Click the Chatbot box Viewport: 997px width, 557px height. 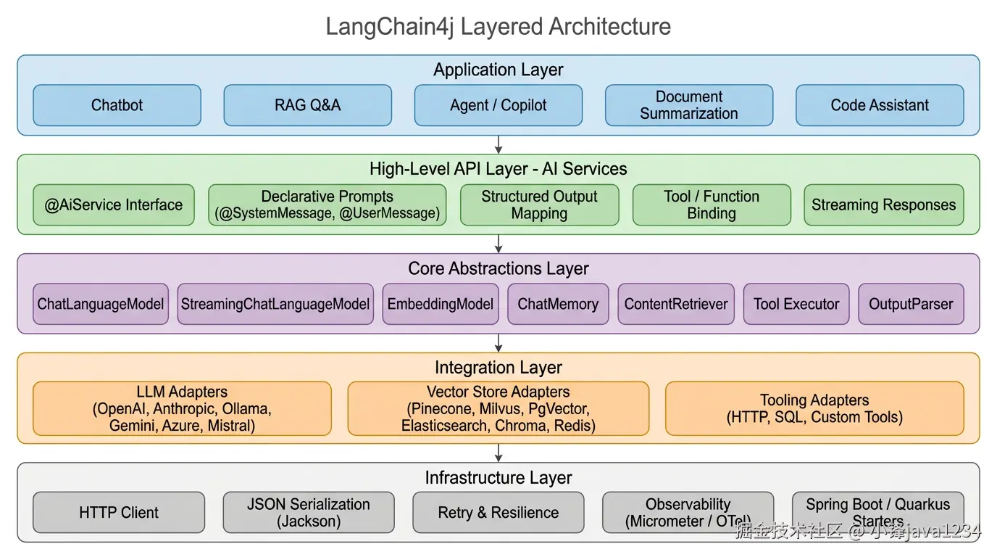click(x=117, y=105)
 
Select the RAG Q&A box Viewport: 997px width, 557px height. click(x=307, y=105)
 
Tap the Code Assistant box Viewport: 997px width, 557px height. click(x=880, y=105)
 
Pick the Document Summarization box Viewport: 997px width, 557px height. click(x=689, y=105)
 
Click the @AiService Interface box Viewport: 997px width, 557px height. click(x=114, y=205)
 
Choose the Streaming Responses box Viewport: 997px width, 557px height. click(x=883, y=205)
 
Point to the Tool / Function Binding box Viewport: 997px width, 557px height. click(x=712, y=205)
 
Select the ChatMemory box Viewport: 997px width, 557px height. click(x=558, y=304)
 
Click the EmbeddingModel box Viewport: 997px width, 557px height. click(x=441, y=304)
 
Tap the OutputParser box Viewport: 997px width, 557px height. click(x=911, y=304)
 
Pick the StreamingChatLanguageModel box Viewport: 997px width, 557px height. click(x=275, y=304)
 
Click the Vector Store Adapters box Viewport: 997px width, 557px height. click(x=498, y=408)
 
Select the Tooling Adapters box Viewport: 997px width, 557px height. click(x=814, y=408)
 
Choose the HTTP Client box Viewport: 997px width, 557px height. click(x=119, y=513)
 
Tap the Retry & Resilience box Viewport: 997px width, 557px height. click(x=498, y=513)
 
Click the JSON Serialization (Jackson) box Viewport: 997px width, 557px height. click(x=309, y=513)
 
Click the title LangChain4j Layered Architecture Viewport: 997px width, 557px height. click(x=498, y=27)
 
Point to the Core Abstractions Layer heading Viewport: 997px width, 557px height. click(x=498, y=268)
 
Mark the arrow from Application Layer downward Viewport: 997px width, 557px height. click(x=498, y=144)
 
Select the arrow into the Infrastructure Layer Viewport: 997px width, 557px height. click(x=498, y=453)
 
